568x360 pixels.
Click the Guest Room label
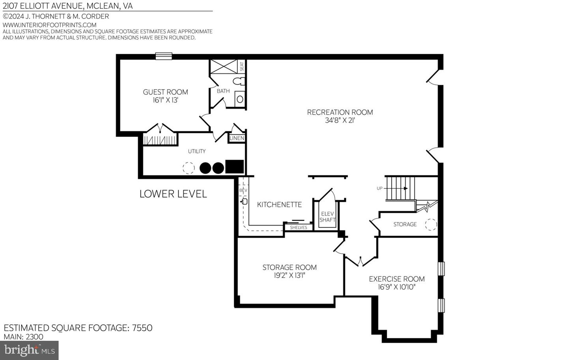coord(165,92)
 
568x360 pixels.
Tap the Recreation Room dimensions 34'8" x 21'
coord(340,121)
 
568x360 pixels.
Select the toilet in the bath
coord(239,82)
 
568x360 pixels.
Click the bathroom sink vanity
coord(240,99)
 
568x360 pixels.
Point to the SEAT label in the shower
coord(242,66)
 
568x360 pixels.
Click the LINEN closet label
coord(237,138)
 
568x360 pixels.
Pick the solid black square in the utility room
coord(234,167)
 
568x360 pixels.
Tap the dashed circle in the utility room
coord(189,168)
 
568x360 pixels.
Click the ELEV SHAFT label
coord(327,217)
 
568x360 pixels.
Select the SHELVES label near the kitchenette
coord(298,228)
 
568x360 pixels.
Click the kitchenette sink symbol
coord(244,201)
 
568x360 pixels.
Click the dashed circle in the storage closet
coord(431,224)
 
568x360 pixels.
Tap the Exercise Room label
coord(396,279)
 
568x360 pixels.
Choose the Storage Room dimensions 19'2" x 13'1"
coord(290,276)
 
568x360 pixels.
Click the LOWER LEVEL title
coord(173,194)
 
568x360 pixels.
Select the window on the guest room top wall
coord(163,56)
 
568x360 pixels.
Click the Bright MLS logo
coord(29,350)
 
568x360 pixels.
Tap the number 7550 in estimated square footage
coord(142,328)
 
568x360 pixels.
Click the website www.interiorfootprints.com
coord(49,25)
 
